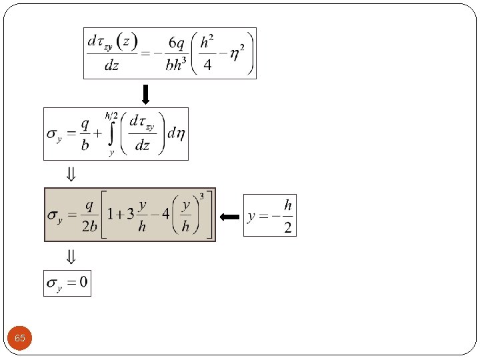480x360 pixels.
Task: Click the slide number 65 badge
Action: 20,339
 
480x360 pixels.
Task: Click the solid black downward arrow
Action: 145,93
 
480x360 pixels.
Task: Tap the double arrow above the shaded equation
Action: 70,175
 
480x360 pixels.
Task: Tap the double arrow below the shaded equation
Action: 70,256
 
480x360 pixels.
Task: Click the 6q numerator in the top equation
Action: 177,43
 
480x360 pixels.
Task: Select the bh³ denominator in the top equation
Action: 177,65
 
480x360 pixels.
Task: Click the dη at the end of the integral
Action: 176,133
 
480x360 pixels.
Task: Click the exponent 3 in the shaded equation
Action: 201,196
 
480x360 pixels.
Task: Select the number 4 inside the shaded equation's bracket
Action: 163,215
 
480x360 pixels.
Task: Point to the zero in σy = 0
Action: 82,283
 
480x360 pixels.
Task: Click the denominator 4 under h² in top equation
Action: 208,65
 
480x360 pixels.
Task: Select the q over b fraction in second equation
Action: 85,133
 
